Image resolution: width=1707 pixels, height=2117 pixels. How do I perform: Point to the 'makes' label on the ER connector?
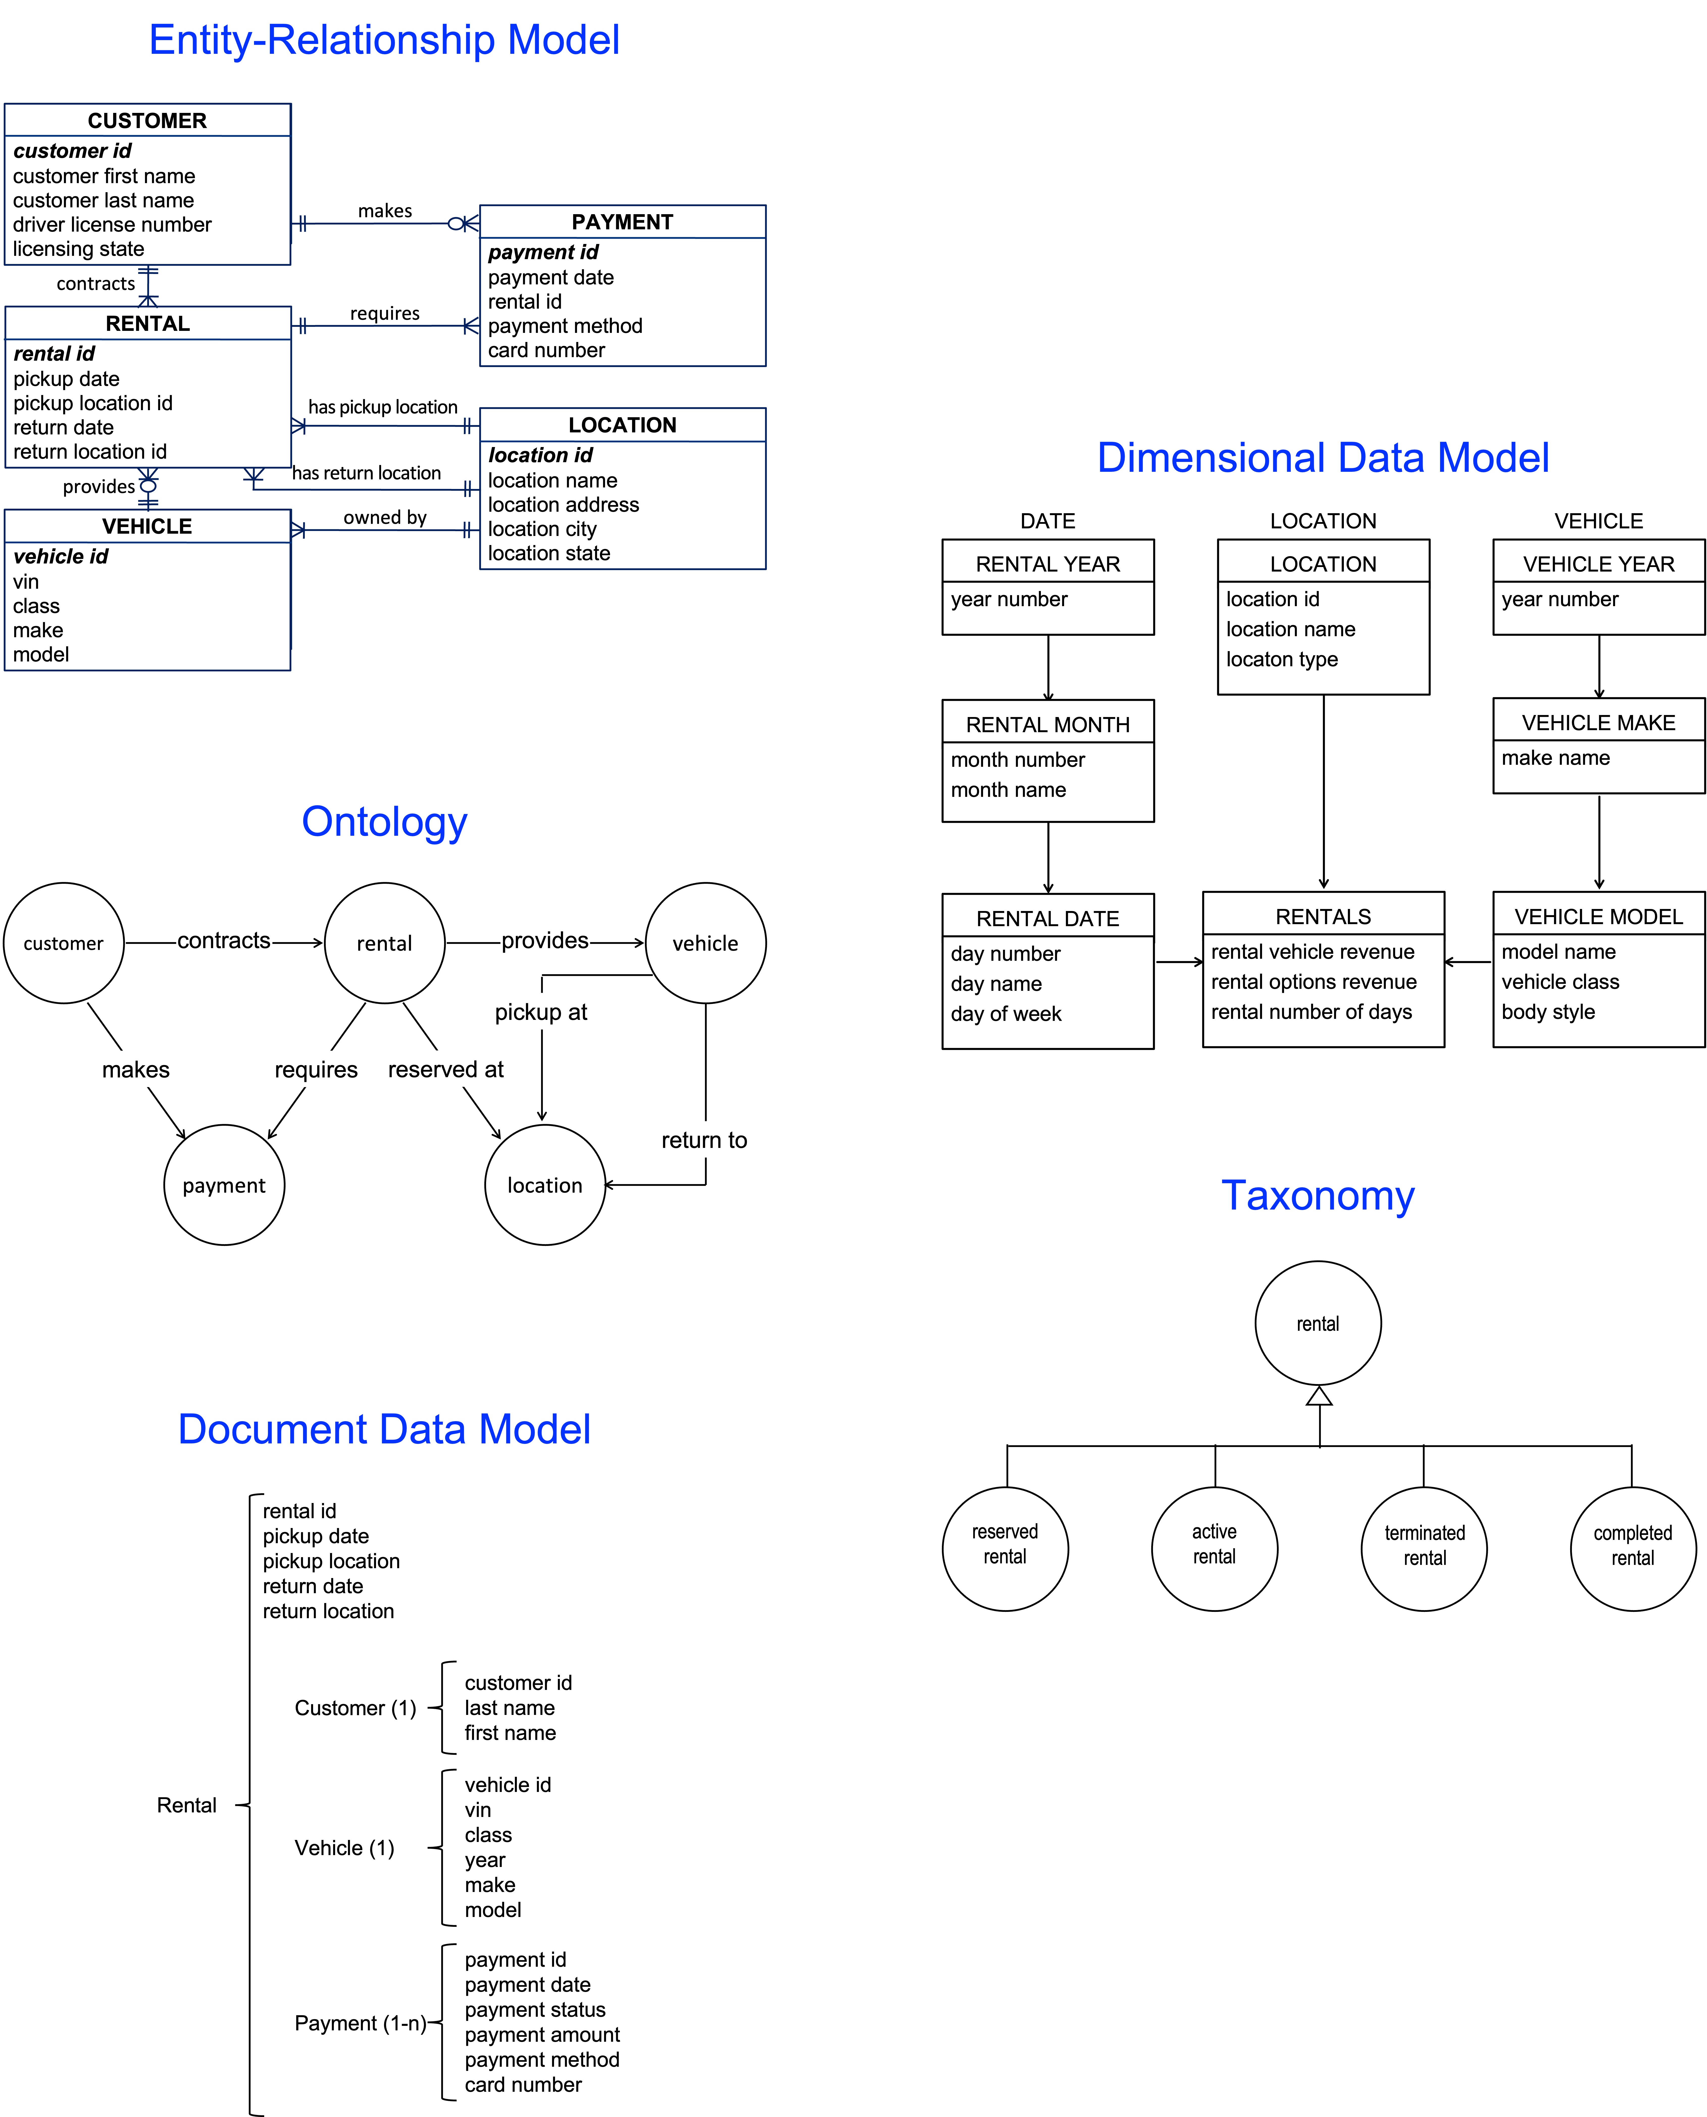click(x=385, y=210)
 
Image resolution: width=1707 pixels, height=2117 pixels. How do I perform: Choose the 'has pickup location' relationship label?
click(x=383, y=407)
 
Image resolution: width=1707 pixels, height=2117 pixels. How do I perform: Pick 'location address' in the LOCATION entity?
click(x=563, y=504)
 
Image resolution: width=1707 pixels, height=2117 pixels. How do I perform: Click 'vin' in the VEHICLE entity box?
click(x=27, y=581)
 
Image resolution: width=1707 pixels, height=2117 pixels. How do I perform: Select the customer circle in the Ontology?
click(x=64, y=943)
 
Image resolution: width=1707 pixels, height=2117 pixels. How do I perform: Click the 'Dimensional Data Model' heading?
click(x=1322, y=458)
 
